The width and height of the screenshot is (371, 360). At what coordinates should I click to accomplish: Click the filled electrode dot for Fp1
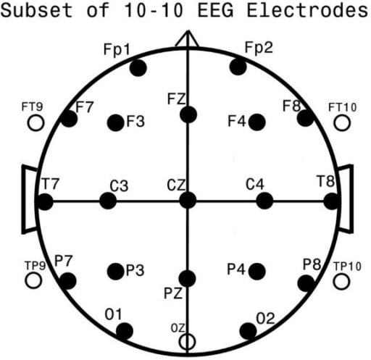pyautogui.click(x=138, y=68)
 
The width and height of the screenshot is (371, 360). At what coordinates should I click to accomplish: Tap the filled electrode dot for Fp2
pyautogui.click(x=238, y=67)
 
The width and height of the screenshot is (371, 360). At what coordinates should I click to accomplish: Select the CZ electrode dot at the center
pyautogui.click(x=188, y=200)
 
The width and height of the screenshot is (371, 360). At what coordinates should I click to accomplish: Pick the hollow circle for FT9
pyautogui.click(x=36, y=123)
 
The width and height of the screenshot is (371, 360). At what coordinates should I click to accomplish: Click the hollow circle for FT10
pyautogui.click(x=342, y=122)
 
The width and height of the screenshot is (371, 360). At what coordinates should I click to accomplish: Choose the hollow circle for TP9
pyautogui.click(x=33, y=280)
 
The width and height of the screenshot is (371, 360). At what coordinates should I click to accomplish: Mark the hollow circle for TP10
pyautogui.click(x=341, y=282)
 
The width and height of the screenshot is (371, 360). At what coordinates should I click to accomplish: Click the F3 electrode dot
pyautogui.click(x=115, y=122)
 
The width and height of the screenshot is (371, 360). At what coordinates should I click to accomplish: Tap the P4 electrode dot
pyautogui.click(x=257, y=272)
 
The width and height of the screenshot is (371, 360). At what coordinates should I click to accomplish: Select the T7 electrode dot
pyautogui.click(x=45, y=201)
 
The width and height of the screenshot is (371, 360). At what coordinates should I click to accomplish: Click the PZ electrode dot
pyautogui.click(x=187, y=278)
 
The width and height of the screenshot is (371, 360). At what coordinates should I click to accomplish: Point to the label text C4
pyautogui.click(x=255, y=184)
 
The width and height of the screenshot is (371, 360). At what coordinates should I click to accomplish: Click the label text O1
pyautogui.click(x=113, y=314)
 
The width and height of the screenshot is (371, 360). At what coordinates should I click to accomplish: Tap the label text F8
pyautogui.click(x=292, y=106)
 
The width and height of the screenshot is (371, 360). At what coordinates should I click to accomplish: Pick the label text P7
pyautogui.click(x=64, y=261)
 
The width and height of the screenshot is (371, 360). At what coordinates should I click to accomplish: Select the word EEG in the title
pyautogui.click(x=215, y=10)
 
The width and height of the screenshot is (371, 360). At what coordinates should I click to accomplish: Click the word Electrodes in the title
pyautogui.click(x=307, y=10)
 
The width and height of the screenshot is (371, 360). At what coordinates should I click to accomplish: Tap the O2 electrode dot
pyautogui.click(x=249, y=331)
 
